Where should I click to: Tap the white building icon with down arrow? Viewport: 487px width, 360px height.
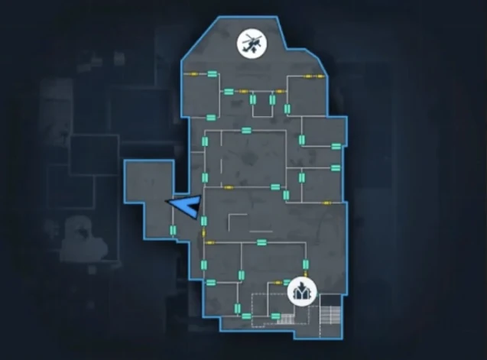pyautogui.click(x=302, y=291)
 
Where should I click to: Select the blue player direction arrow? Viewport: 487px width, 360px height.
pyautogui.click(x=186, y=206)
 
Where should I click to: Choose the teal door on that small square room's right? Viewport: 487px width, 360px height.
pyautogui.click(x=273, y=102)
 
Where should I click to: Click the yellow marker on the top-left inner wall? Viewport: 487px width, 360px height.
pyautogui.click(x=193, y=73)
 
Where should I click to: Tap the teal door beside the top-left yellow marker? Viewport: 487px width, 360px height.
pyautogui.click(x=212, y=73)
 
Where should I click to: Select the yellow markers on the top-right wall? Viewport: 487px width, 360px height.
pyautogui.click(x=313, y=76)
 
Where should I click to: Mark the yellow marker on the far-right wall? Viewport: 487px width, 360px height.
pyautogui.click(x=326, y=203)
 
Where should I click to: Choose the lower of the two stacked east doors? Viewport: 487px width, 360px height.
pyautogui.click(x=335, y=167)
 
